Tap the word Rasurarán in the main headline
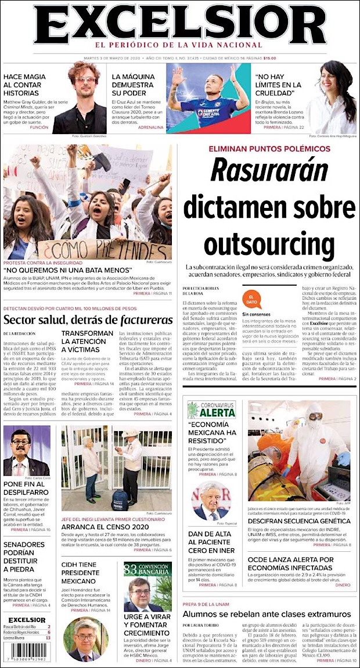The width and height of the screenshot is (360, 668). [x=269, y=171]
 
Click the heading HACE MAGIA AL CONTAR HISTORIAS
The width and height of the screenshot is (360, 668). [x=26, y=85]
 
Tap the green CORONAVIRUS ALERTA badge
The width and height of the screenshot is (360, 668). [x=211, y=410]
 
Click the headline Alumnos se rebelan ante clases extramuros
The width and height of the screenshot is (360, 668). [x=267, y=614]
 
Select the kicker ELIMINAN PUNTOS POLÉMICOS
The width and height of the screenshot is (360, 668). [x=269, y=149]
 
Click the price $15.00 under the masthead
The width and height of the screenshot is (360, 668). [x=269, y=58]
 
